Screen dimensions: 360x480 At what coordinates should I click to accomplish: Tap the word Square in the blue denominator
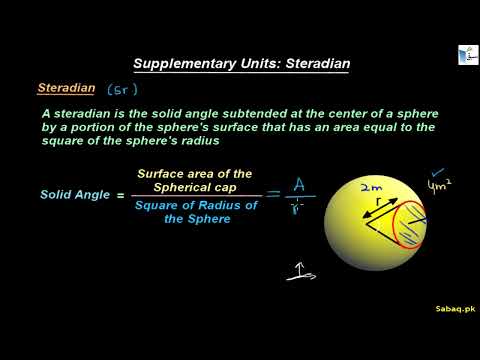[159, 205]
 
